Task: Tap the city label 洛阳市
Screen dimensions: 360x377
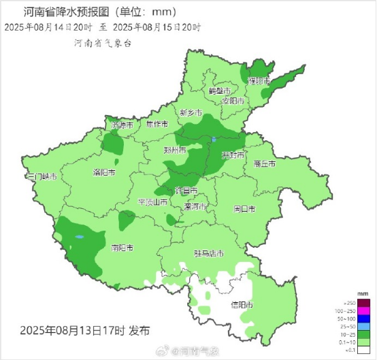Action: [x=103, y=173]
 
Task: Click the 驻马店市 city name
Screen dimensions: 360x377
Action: [x=209, y=254]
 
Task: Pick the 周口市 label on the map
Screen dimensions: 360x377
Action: [x=244, y=208]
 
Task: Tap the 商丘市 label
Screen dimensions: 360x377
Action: [x=263, y=164]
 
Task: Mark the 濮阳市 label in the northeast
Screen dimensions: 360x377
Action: [x=259, y=80]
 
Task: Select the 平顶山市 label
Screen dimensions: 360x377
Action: [x=152, y=202]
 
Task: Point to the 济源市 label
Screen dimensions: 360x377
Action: [x=122, y=125]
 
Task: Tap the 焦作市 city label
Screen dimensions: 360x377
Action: [x=157, y=125]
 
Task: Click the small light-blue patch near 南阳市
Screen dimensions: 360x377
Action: [x=79, y=238]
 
